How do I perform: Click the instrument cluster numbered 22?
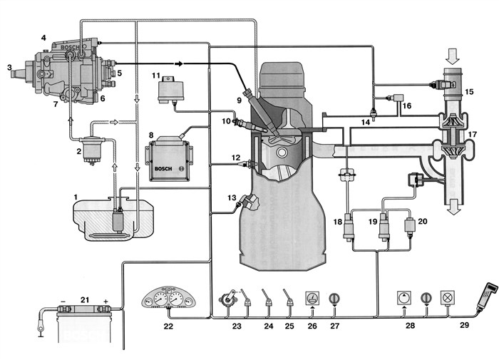pos(169,292)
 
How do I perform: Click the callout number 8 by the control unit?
pos(150,134)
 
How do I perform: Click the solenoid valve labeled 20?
pos(410,228)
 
